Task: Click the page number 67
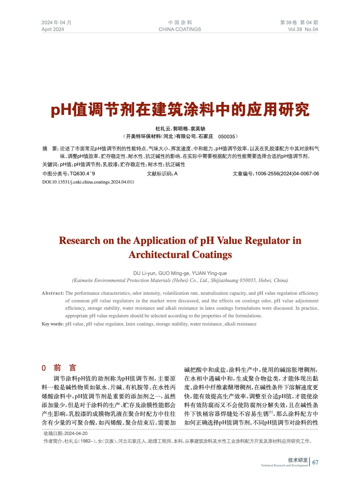315,462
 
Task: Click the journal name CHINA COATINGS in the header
180,29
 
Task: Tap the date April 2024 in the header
53,29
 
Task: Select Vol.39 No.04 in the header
303,29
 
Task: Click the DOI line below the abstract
88,182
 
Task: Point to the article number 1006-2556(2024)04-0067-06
287,174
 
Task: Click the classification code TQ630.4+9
82,174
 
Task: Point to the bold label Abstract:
53,293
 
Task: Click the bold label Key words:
52,324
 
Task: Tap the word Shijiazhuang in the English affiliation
224,280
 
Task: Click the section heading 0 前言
59,368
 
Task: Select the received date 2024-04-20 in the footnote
76,433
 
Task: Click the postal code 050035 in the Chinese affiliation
227,136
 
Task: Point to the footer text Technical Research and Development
284,466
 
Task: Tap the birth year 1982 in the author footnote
86,441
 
